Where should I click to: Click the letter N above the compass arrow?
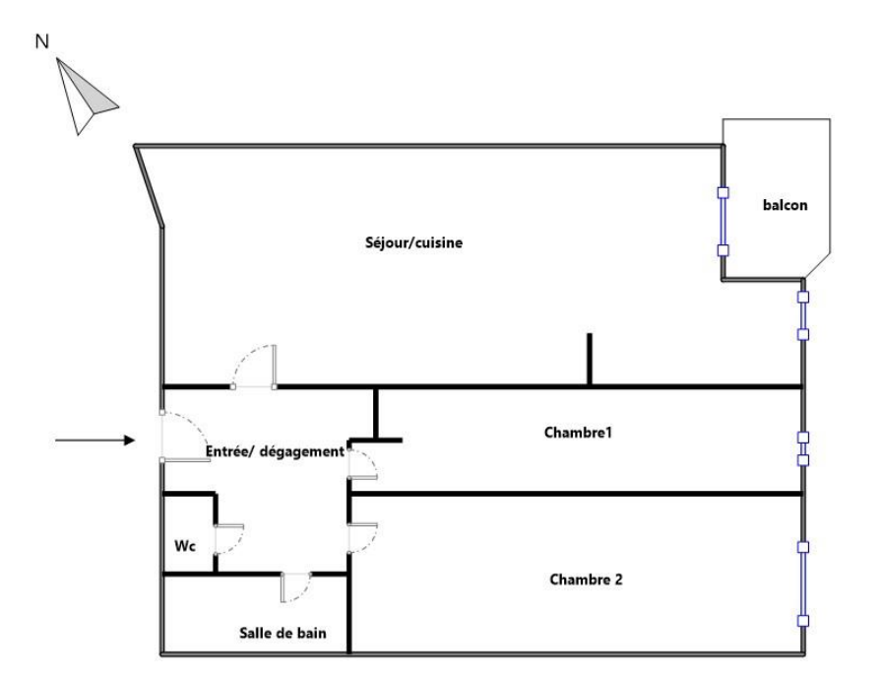42,41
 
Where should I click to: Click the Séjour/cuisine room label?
414,242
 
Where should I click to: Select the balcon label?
785,205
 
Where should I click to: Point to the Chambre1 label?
578,433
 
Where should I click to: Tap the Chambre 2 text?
586,580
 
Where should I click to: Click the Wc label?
185,546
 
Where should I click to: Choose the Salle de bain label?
283,633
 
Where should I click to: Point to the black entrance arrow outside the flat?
95,440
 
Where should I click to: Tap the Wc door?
229,540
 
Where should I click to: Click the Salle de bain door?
296,587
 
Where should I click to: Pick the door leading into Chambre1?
363,464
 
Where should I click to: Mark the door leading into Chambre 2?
363,538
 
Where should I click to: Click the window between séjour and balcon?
724,222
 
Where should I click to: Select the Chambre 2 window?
803,584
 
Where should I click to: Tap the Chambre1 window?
803,448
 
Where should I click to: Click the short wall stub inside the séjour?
590,360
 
